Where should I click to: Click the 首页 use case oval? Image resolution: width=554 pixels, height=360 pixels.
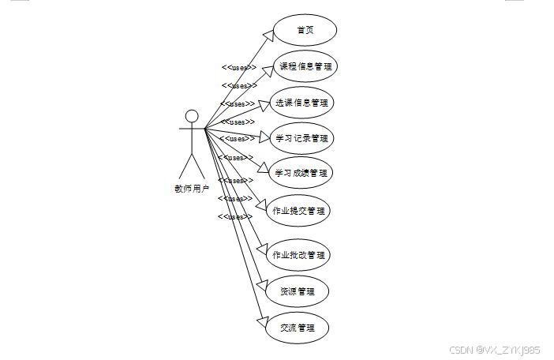(x=305, y=31)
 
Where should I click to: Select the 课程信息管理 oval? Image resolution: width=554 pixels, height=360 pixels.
(x=305, y=66)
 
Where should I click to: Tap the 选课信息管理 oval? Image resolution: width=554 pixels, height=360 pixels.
(x=303, y=102)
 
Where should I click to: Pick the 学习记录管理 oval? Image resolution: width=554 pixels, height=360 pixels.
(x=301, y=138)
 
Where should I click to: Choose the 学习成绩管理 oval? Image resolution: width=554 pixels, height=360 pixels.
(x=300, y=172)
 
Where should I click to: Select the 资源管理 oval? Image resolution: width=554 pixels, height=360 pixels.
(x=297, y=291)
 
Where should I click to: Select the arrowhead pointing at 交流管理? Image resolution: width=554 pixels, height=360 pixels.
(x=263, y=319)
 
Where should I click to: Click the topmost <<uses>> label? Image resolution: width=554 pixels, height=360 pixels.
(x=239, y=68)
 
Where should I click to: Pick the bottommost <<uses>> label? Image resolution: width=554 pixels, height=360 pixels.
(x=235, y=216)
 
